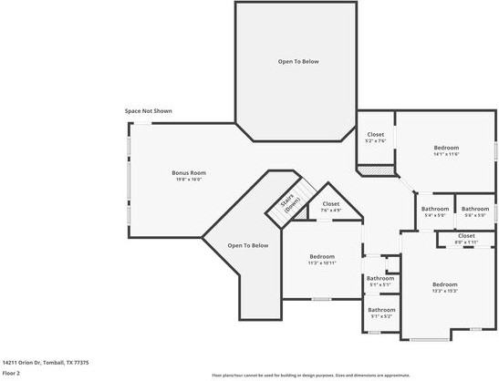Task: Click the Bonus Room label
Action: [188, 172]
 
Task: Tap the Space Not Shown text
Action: [149, 111]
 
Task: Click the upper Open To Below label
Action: [298, 61]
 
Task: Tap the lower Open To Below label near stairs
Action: [248, 245]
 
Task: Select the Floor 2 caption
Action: [12, 373]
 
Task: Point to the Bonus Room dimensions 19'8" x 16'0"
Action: [188, 179]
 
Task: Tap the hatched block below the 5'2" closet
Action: [374, 170]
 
